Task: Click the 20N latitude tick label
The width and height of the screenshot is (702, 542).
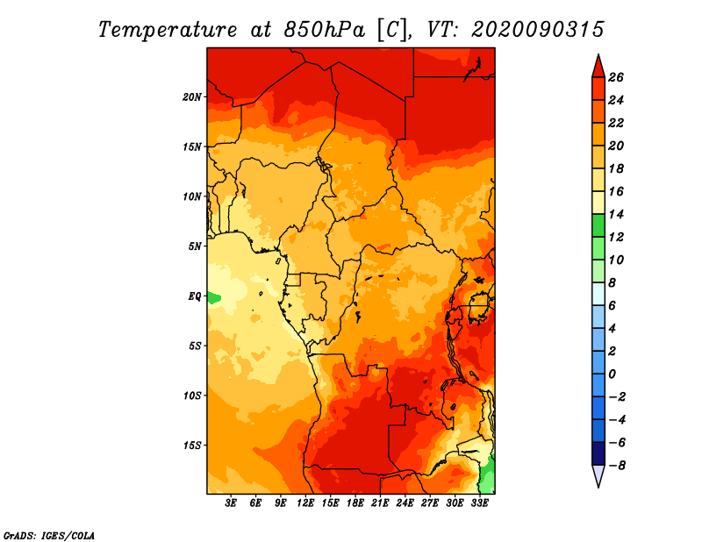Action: click(x=192, y=96)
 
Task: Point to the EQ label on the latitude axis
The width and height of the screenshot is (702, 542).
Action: click(x=194, y=296)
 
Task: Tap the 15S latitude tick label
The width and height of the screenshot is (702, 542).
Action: click(x=192, y=446)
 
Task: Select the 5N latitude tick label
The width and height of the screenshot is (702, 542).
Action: click(x=195, y=246)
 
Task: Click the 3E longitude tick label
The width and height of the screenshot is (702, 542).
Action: click(x=231, y=503)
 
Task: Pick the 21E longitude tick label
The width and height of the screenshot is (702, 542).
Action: click(x=380, y=503)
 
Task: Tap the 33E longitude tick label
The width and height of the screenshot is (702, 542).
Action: click(x=479, y=503)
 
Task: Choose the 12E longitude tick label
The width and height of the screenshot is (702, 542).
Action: click(x=305, y=503)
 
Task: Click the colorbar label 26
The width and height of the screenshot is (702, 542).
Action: click(x=616, y=77)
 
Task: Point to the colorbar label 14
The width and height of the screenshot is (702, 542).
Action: click(x=616, y=214)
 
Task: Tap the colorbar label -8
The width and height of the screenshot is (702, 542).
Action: click(x=616, y=466)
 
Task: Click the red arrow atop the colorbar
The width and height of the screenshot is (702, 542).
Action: click(x=598, y=65)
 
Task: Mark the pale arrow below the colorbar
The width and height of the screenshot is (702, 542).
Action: click(x=598, y=476)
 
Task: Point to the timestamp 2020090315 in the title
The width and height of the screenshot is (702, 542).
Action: click(x=537, y=29)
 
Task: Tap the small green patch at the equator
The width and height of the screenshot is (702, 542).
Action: click(x=213, y=297)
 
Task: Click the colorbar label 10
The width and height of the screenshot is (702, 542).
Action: click(x=616, y=260)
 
